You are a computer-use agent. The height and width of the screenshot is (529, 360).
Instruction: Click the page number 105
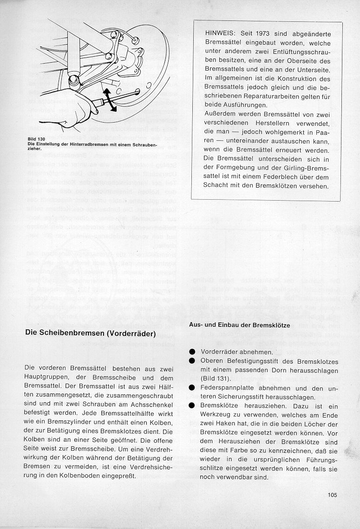(x=332, y=495)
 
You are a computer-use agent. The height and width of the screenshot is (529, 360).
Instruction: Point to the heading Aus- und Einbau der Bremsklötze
(x=239, y=325)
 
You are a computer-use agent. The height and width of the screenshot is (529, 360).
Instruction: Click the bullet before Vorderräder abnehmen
(x=192, y=352)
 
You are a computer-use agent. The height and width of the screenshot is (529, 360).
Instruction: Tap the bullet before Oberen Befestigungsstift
(x=192, y=361)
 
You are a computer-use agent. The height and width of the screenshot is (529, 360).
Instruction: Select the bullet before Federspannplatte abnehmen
(x=192, y=388)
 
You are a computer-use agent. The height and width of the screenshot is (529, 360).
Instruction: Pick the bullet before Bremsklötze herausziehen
(x=192, y=405)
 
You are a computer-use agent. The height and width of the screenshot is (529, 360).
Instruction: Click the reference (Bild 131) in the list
(x=217, y=379)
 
